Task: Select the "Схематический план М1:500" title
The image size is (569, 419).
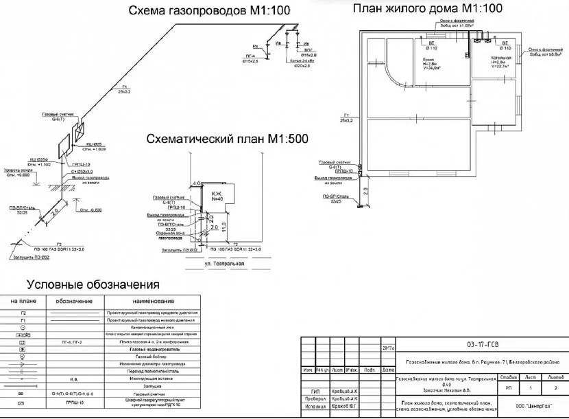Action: tap(228, 139)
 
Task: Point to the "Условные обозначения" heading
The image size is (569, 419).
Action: tap(93, 284)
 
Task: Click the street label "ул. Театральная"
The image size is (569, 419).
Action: tap(224, 262)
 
